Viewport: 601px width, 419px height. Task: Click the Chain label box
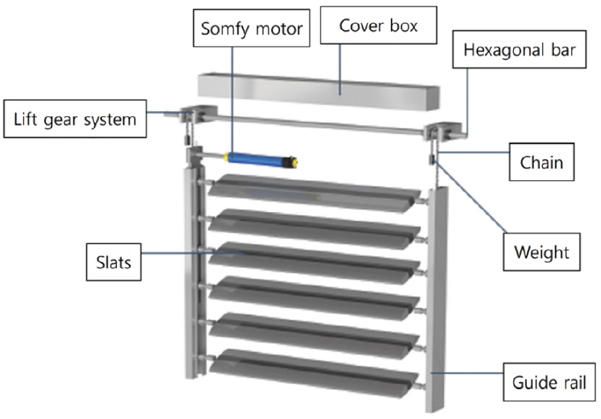click(x=541, y=161)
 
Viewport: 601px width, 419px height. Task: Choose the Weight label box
click(x=541, y=253)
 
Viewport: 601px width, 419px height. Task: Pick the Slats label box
click(x=113, y=261)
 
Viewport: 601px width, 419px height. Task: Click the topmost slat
click(x=312, y=192)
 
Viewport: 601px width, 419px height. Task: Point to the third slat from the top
click(x=312, y=259)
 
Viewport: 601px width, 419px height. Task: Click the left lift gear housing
click(x=195, y=115)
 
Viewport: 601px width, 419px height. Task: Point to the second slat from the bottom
click(x=312, y=332)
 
